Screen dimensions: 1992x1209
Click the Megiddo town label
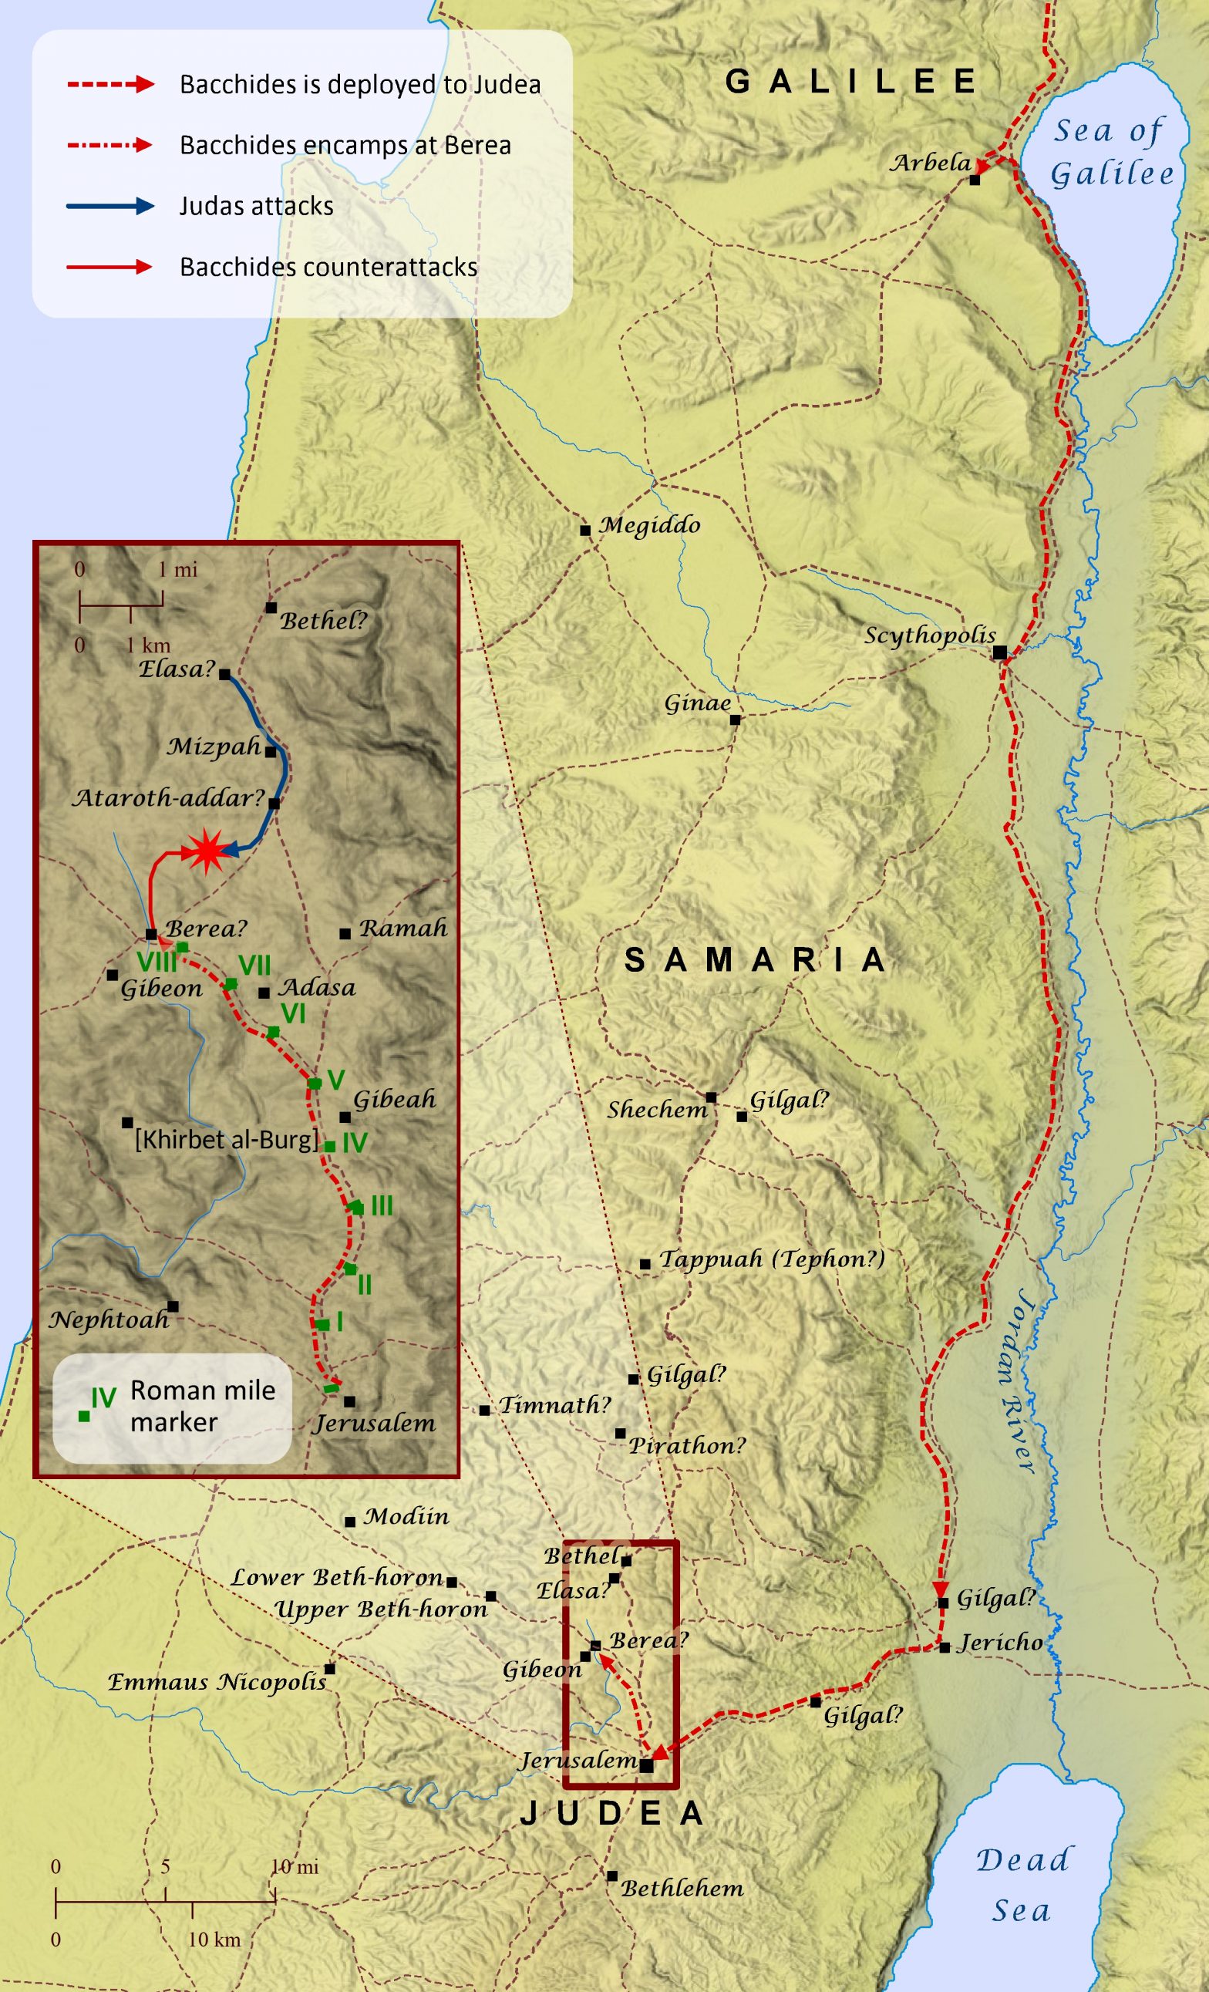[x=650, y=525]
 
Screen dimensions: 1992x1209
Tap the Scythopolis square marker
[x=1001, y=652]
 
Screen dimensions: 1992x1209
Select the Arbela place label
[x=930, y=163]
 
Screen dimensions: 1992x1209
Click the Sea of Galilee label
[x=1111, y=152]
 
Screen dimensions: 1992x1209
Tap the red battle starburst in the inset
[x=206, y=851]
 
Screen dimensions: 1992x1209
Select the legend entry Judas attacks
[x=256, y=206]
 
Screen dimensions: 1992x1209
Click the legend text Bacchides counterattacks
[x=328, y=267]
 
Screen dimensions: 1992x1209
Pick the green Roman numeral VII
[x=254, y=966]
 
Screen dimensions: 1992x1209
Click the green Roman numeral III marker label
[x=382, y=1206]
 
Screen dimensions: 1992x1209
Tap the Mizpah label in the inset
[x=214, y=747]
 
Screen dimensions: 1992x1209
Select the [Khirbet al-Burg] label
[x=226, y=1140]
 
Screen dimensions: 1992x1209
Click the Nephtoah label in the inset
[x=109, y=1320]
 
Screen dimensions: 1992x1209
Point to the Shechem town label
[x=657, y=1110]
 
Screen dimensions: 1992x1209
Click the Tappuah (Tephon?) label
[x=772, y=1259]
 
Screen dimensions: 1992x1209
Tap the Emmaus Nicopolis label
[x=217, y=1683]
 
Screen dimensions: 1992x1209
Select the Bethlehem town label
[x=682, y=1889]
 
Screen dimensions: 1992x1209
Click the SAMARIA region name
[x=755, y=960]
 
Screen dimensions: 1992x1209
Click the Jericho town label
[x=1000, y=1643]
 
